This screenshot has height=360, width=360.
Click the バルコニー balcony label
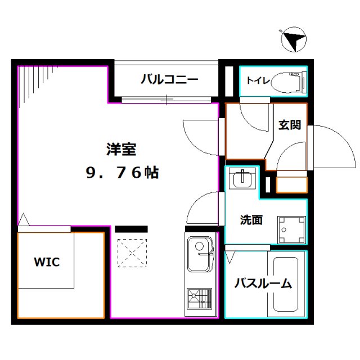click(x=169, y=79)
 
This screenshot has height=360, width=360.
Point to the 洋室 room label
click(x=121, y=150)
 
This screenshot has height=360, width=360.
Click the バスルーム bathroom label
click(x=263, y=283)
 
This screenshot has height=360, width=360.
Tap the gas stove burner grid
click(x=199, y=299)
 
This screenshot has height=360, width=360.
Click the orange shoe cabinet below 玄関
click(x=291, y=183)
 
